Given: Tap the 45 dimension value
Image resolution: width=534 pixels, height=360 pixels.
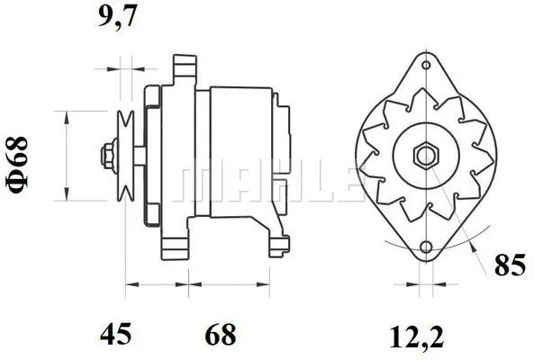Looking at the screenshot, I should click(117, 335).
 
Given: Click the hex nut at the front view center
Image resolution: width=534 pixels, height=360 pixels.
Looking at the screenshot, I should click(424, 154).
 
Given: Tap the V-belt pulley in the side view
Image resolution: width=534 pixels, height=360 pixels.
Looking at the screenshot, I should click(126, 154).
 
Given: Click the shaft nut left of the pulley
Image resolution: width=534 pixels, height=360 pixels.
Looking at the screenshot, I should click(107, 154).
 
